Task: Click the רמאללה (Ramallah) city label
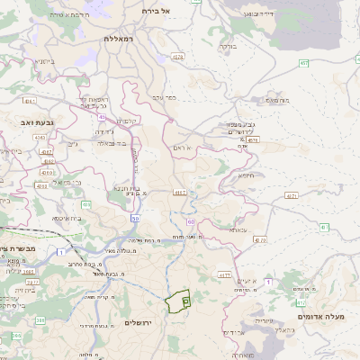point(119,40)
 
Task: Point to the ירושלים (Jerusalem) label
point(139,322)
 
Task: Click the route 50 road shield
point(135,218)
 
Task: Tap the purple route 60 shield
point(191,220)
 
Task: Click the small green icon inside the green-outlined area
point(185,299)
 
